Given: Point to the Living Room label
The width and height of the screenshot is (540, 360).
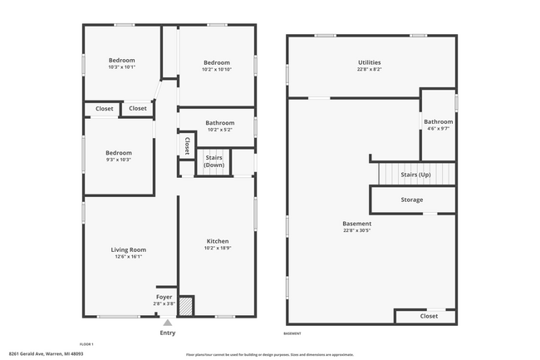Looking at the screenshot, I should (129, 249).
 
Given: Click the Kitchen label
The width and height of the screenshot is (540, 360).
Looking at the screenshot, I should (217, 241).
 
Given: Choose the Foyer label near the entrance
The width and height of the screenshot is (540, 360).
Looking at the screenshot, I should (164, 297).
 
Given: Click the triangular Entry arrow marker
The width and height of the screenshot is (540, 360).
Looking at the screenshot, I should (167, 323).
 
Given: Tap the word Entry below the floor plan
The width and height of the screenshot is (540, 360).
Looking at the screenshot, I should (167, 333).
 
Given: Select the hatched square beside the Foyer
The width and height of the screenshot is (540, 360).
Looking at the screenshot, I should (185, 306).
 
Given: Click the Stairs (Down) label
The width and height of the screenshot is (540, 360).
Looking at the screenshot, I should (214, 160).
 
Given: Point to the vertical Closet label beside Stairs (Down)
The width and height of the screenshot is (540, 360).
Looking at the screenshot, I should (187, 145).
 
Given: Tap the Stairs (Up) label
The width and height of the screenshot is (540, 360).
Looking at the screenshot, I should (415, 175).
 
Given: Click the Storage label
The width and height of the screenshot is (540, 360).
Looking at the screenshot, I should (412, 200).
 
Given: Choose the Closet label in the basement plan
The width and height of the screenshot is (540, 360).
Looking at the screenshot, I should (429, 316).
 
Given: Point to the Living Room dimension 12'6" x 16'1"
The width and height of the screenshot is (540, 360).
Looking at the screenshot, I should (129, 257).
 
